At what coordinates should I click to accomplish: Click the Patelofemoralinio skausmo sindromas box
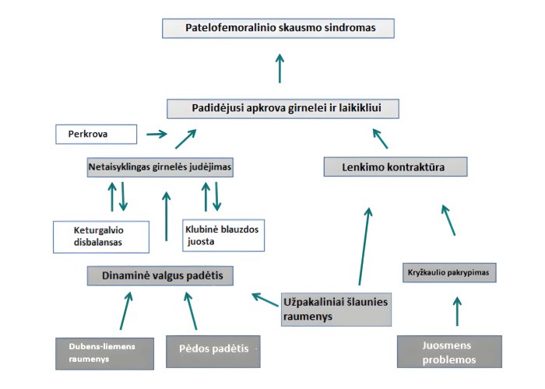tap(279, 28)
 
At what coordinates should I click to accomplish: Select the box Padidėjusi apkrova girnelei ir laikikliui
tap(283, 108)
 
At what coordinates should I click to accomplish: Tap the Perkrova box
tap(96, 134)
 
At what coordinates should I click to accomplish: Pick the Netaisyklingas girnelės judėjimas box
tap(160, 166)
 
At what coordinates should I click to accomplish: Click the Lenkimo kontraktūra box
tap(395, 166)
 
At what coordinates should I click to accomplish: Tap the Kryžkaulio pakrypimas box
tap(450, 273)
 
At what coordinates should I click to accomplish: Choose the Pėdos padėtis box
tap(212, 349)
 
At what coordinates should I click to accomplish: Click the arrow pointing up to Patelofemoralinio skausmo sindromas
tap(280, 68)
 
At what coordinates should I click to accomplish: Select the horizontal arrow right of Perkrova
tap(156, 134)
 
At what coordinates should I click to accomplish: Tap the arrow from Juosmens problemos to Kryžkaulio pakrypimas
tap(457, 310)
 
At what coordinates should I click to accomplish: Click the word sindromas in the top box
tap(346, 28)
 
